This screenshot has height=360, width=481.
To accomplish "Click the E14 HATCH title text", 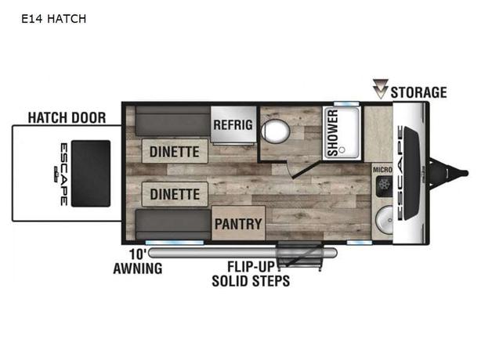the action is (x=54, y=19).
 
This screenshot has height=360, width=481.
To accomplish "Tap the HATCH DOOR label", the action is (x=67, y=117).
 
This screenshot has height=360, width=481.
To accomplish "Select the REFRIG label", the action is (x=233, y=124).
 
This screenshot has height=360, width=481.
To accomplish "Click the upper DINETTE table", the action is (x=175, y=151).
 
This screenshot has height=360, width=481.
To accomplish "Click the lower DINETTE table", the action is (x=175, y=194).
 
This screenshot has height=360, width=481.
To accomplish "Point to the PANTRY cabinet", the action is (x=238, y=223).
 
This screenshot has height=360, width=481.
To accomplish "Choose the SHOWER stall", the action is (x=342, y=133).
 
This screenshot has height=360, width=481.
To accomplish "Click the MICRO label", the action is (x=382, y=169).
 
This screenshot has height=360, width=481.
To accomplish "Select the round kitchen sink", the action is (x=385, y=220).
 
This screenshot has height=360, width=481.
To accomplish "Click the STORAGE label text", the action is (x=419, y=92).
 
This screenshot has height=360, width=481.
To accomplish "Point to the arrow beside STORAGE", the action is (x=381, y=89).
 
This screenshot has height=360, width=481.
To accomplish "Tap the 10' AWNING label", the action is (x=138, y=261).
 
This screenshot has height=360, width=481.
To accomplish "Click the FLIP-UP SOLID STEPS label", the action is (x=251, y=274).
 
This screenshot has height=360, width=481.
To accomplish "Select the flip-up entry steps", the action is (x=300, y=255).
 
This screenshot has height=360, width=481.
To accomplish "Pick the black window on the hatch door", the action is (x=91, y=174).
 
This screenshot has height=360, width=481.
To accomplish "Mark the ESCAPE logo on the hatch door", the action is (x=62, y=174).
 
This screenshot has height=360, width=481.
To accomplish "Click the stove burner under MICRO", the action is (x=384, y=184).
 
